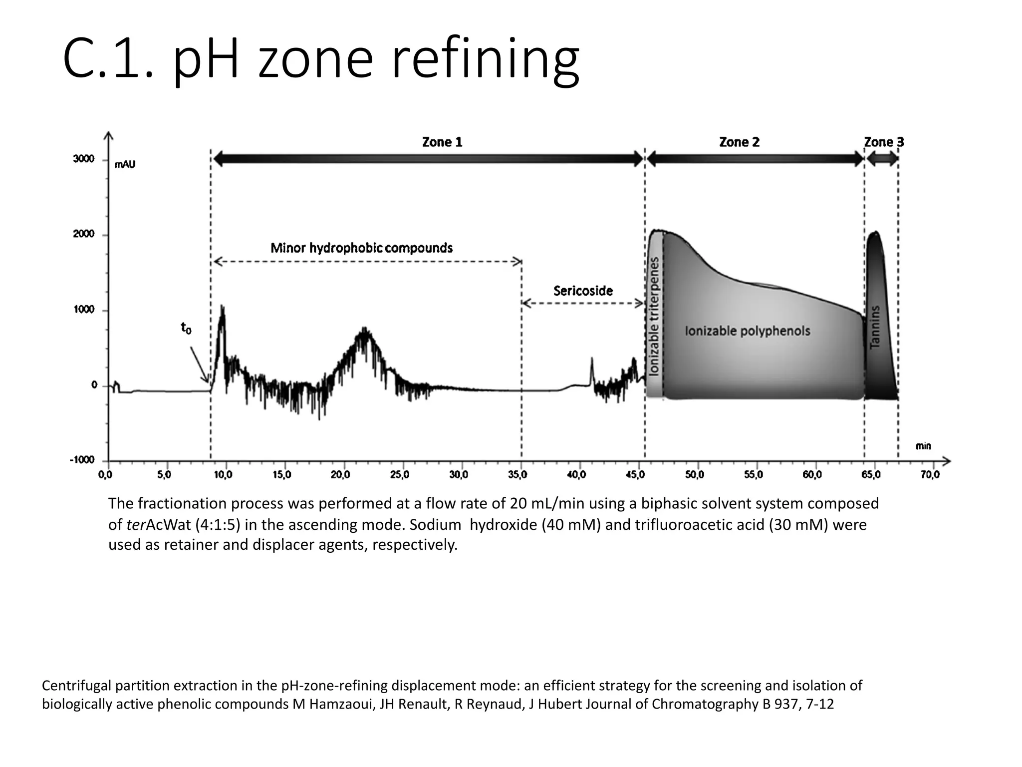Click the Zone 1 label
pyautogui.click(x=442, y=142)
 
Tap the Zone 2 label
pyautogui.click(x=739, y=142)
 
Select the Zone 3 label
pyautogui.click(x=884, y=142)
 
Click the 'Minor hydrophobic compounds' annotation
pyautogui.click(x=361, y=248)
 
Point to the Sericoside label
pyautogui.click(x=583, y=291)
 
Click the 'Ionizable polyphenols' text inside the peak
pyautogui.click(x=747, y=331)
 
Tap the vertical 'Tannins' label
pyautogui.click(x=875, y=327)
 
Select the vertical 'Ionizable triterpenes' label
pyautogui.click(x=654, y=316)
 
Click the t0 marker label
pyautogui.click(x=186, y=328)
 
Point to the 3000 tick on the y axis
pyautogui.click(x=83, y=159)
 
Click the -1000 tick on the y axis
pyautogui.click(x=82, y=460)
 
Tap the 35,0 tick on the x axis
pyautogui.click(x=517, y=475)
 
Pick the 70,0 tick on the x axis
pyautogui.click(x=930, y=475)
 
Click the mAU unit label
pyautogui.click(x=125, y=164)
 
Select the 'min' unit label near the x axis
pyautogui.click(x=923, y=446)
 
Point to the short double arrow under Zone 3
pyautogui.click(x=882, y=160)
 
